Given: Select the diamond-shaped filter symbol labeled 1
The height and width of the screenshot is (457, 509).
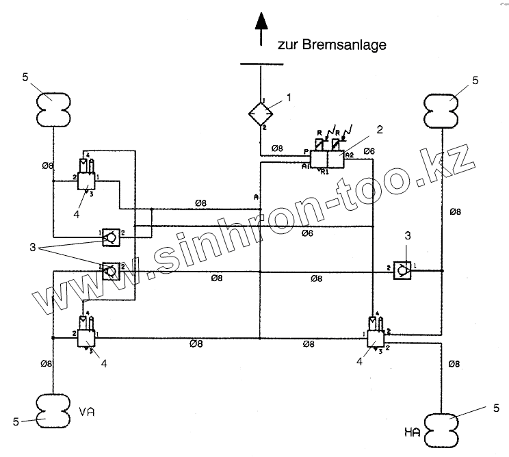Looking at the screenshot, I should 261,112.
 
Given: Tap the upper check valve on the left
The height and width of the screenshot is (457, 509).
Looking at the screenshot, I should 110,236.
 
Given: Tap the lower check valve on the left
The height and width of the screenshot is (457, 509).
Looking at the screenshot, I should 109,271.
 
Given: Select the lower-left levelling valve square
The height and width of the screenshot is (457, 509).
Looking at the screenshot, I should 87,337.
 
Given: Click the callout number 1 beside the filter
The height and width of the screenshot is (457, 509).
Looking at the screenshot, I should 288,97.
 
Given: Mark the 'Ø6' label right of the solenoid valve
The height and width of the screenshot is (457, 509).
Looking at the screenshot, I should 369,151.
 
